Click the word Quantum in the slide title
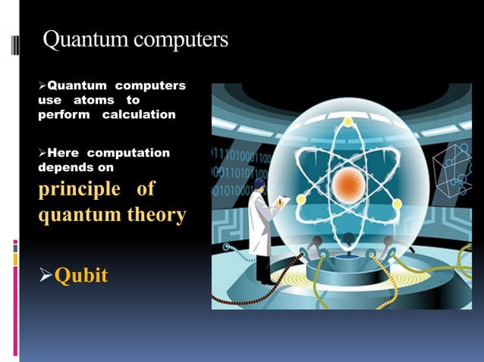click(78, 40)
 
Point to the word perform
click(64, 114)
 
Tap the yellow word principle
click(79, 188)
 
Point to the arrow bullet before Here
click(42, 153)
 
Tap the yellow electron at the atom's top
click(347, 122)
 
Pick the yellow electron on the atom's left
click(300, 200)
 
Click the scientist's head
click(259, 184)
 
